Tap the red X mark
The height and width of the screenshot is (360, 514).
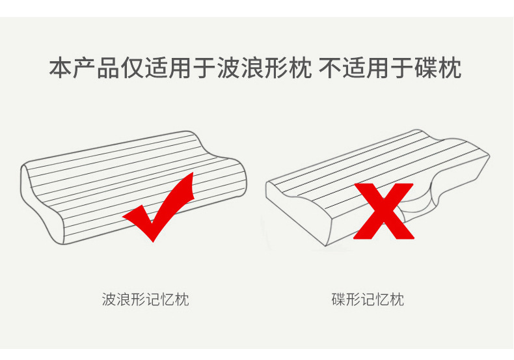tap(383, 212)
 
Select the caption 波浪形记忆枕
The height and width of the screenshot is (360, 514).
tap(146, 300)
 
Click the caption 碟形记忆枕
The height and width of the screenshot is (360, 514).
tap(367, 300)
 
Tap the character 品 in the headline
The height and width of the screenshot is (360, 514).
tap(108, 68)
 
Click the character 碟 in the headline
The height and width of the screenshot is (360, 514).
tap(426, 68)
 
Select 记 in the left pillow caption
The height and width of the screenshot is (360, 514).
tap(154, 300)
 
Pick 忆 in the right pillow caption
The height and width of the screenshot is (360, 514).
tap(382, 300)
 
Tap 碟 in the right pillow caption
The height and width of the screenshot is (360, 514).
tap(338, 300)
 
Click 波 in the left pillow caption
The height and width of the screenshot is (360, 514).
tap(109, 300)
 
